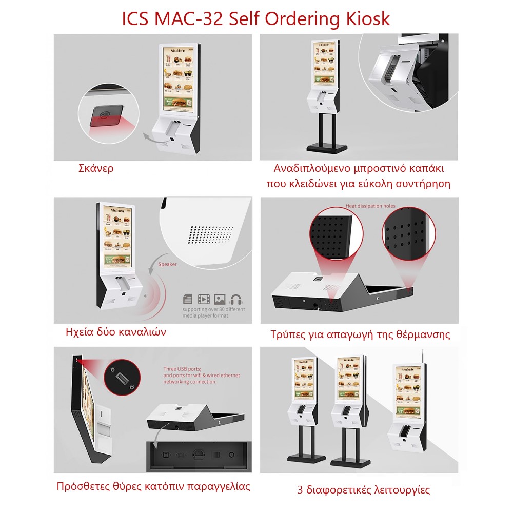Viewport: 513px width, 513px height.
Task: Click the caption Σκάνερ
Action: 96,168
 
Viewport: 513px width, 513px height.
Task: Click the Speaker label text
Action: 167,265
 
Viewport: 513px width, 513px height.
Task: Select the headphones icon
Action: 236,299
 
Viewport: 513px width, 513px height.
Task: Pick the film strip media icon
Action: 204,299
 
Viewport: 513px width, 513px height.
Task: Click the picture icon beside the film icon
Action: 220,299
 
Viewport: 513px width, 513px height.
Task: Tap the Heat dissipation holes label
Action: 370,206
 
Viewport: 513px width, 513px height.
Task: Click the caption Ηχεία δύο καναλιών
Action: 116,331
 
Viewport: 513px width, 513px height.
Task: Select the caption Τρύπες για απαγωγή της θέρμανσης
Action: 360,334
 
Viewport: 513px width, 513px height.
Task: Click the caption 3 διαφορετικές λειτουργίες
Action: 363,489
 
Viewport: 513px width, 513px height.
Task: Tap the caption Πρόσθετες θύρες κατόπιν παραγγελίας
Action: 153,486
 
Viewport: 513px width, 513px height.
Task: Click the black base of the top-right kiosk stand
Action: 326,148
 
